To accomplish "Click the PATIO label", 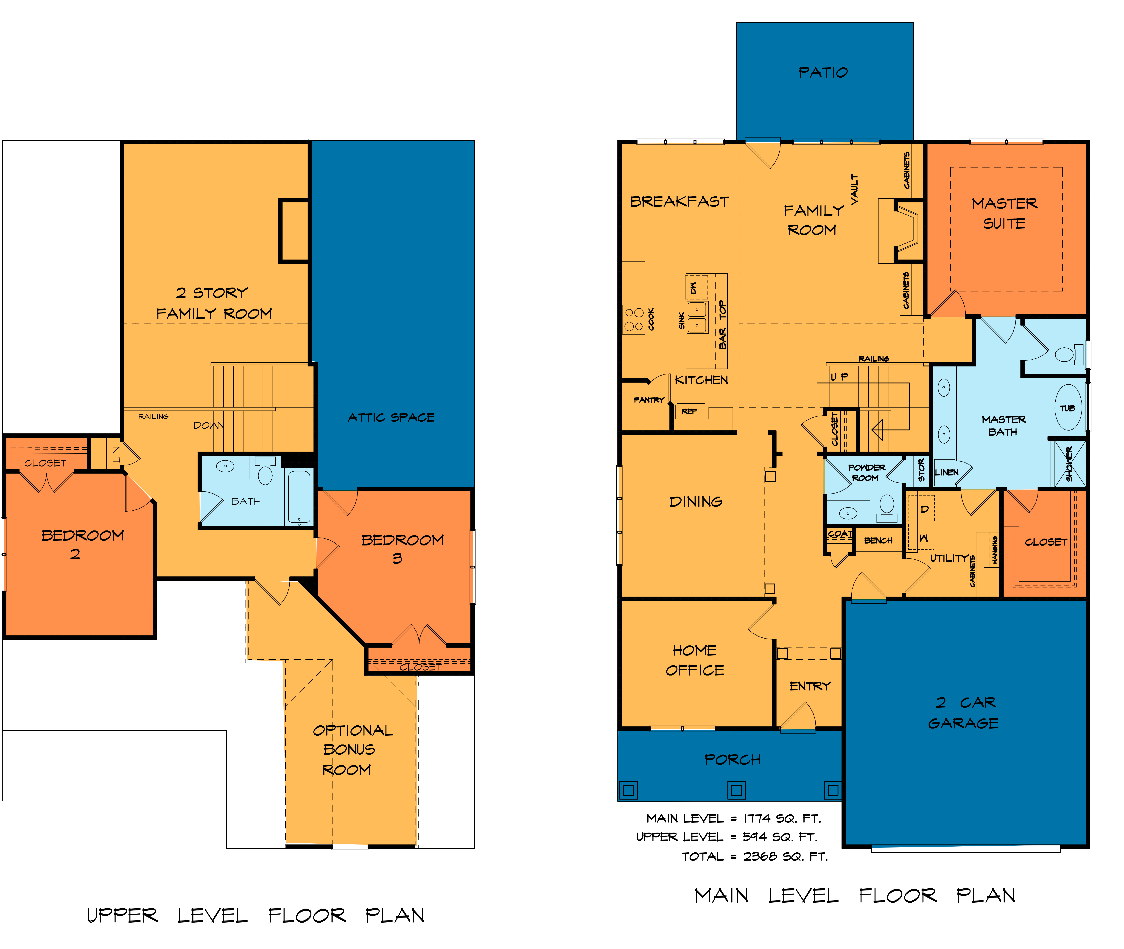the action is (823, 72).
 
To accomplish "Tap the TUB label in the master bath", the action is (1067, 408).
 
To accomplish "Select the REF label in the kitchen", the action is (689, 411).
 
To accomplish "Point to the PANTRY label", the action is (649, 400).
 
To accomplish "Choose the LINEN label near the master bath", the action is (947, 472).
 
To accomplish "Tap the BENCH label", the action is (878, 540).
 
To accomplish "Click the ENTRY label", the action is (810, 686).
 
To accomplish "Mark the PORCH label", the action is (733, 760).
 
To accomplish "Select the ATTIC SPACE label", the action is (391, 417).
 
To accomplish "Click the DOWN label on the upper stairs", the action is (209, 425).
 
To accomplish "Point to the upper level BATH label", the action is (246, 501).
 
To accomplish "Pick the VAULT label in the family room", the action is (855, 189).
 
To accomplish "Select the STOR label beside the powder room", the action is (921, 470).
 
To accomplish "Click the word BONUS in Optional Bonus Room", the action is (349, 749).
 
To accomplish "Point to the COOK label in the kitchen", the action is (651, 319).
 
